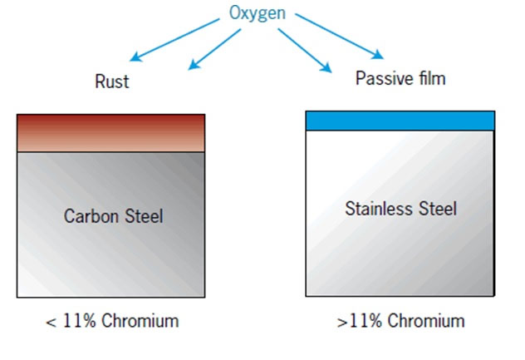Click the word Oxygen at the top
258,14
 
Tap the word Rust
112,81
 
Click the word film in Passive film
432,78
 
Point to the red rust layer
110,133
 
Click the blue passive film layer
400,121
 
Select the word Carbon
91,216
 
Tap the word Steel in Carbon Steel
144,216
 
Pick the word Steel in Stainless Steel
438,209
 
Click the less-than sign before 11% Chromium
51,323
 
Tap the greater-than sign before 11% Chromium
342,323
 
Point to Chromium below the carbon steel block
140,321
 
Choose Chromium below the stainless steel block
426,321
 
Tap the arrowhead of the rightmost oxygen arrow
379,56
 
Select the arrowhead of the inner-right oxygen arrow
327,68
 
